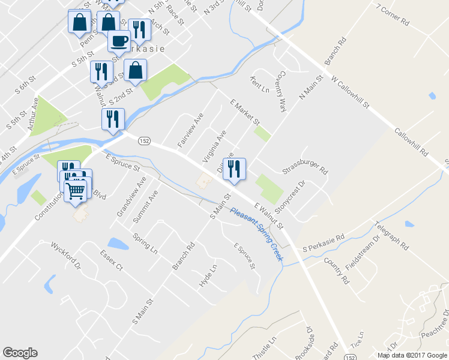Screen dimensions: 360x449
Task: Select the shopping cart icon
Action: pos(76,191)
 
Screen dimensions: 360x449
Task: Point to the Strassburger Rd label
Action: pos(306,163)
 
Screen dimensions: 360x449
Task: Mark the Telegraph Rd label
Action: pos(391,235)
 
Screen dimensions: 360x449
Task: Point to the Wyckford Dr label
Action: pos(65,255)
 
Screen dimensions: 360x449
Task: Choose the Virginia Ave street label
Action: pos(214,147)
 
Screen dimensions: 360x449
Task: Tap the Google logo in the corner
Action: pos(20,353)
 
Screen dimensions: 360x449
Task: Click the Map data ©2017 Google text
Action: pos(412,355)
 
